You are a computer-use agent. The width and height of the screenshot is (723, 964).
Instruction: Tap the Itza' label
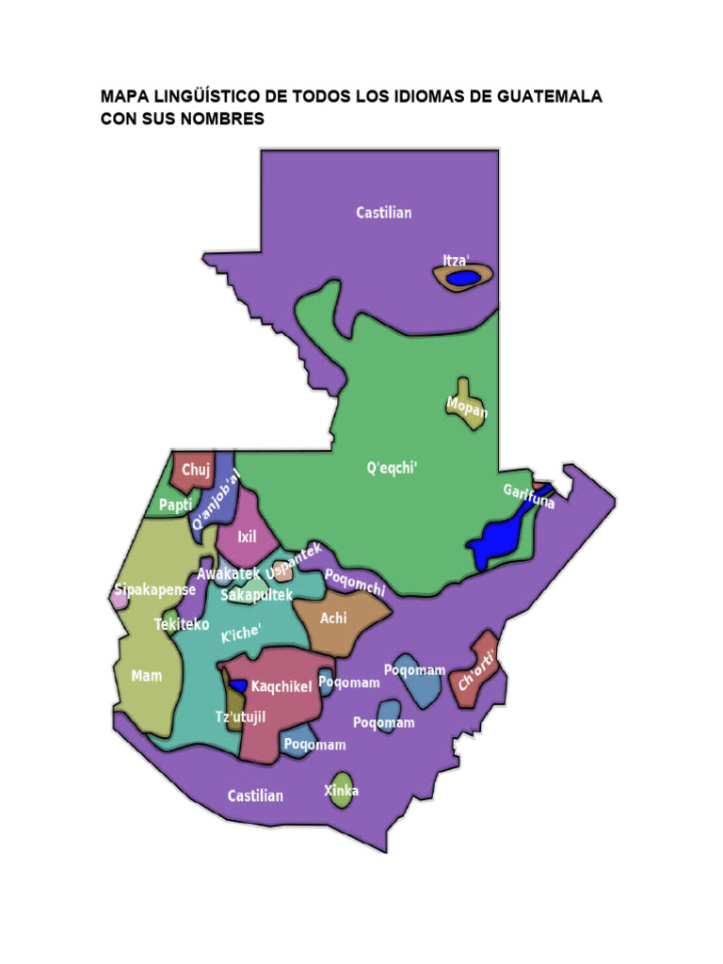point(456,260)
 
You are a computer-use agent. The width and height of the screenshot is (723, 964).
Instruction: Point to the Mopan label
point(467,410)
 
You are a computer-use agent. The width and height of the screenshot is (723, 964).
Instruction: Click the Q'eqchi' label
point(392,467)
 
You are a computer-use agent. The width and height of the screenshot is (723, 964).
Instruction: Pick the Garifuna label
point(528,496)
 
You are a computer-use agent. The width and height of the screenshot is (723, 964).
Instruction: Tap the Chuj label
point(196,470)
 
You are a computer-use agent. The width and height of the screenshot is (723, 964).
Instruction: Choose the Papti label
point(175,505)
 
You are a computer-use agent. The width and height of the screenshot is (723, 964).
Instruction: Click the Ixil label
point(247,538)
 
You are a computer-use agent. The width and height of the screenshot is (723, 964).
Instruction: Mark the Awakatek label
point(228,573)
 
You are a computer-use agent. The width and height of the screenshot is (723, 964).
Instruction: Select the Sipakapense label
point(154,590)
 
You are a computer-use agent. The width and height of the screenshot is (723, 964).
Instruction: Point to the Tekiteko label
point(182,623)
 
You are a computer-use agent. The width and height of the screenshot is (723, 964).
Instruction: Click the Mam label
point(147,675)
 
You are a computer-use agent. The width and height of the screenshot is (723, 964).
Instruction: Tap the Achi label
point(333,619)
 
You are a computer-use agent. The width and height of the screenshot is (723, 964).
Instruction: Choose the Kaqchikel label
point(281,686)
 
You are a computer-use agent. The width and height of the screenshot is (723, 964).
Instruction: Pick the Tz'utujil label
point(241,717)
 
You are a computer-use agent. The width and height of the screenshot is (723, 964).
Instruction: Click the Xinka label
point(341,790)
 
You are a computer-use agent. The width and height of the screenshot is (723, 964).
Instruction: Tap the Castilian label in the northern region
point(383,213)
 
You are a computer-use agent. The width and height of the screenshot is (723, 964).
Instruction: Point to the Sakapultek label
point(257,595)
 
